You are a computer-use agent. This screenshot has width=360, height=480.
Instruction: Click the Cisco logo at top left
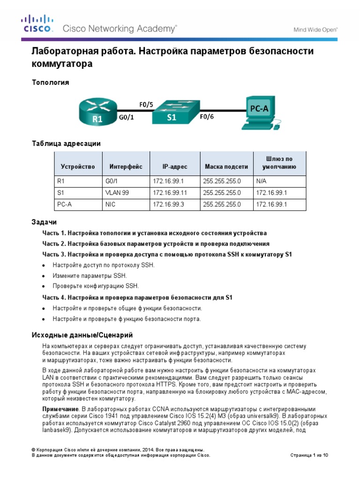coord(37,24)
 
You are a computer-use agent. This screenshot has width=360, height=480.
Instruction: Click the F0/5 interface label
coord(146,105)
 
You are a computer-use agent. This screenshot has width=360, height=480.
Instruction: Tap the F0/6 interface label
coord(207,118)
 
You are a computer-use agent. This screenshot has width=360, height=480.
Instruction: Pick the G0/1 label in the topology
coord(126,118)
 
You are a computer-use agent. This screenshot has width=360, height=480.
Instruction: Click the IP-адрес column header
coord(174,166)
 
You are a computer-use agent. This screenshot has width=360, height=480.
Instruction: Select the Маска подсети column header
coord(226,166)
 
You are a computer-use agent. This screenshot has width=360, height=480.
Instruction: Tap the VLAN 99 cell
coord(117,193)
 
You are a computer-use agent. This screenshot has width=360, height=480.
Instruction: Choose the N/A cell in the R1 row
coord(261,180)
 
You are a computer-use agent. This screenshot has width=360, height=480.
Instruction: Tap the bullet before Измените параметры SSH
coord(44,276)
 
